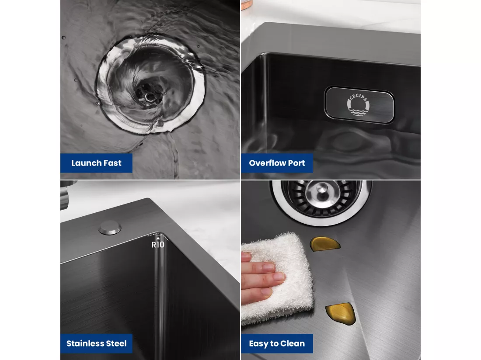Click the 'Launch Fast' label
(x=96, y=163)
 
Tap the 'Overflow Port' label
(x=277, y=163)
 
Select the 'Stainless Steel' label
(x=96, y=343)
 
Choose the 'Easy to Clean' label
(x=277, y=343)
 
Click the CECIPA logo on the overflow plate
(x=358, y=105)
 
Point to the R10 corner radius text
(x=158, y=245)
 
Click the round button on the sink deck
(x=109, y=228)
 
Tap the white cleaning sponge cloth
(x=278, y=277)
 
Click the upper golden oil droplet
(x=324, y=244)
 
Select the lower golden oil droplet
(x=342, y=314)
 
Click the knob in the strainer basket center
(x=321, y=189)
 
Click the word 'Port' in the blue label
(x=296, y=163)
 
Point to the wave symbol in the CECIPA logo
(x=358, y=111)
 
